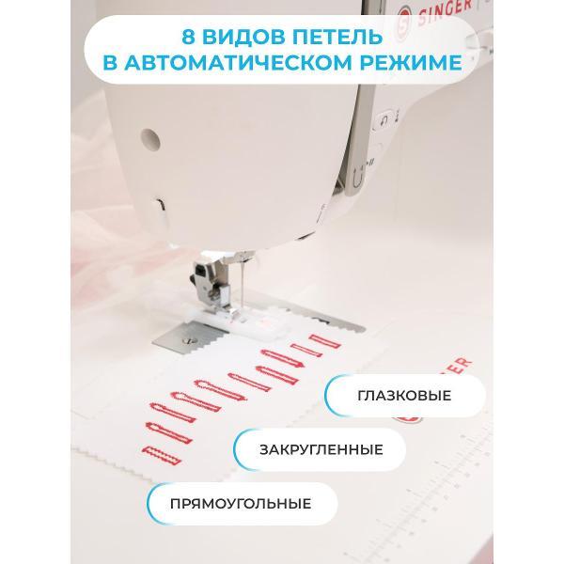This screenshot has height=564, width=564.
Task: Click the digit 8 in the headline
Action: pos(188,37)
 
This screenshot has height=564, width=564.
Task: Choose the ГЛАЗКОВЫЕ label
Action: pos(404,396)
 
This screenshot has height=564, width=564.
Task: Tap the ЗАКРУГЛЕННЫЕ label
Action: pos(321,449)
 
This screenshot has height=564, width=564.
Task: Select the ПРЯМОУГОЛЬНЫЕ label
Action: pos(241,504)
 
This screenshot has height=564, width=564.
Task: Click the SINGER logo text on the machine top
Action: pos(445,11)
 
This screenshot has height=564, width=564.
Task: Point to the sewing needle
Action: pos(243,284)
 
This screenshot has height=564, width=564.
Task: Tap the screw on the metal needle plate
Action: pos(187,340)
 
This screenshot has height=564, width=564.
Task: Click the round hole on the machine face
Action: pos(150,139)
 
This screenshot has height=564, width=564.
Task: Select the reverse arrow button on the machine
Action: pos(384,120)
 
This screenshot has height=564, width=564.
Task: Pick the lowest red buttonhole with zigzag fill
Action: pos(162,455)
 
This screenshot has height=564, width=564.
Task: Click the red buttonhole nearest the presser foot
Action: pos(325,341)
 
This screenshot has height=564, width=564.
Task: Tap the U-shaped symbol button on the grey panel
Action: pos(357,177)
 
